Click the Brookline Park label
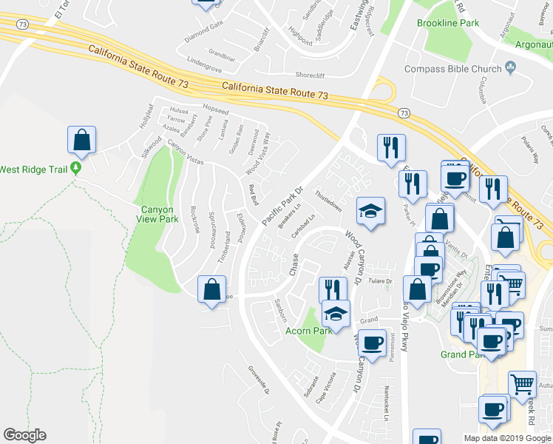tap(448, 23)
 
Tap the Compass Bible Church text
tap(453, 69)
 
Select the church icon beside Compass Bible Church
tap(511, 68)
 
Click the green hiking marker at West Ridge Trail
tap(75, 169)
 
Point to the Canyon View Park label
tap(157, 214)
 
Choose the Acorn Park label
tap(309, 330)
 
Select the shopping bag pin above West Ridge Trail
tap(82, 139)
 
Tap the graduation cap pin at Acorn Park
tap(336, 314)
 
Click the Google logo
tap(24, 435)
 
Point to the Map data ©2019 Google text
tap(507, 438)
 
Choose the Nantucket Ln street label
tap(386, 401)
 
